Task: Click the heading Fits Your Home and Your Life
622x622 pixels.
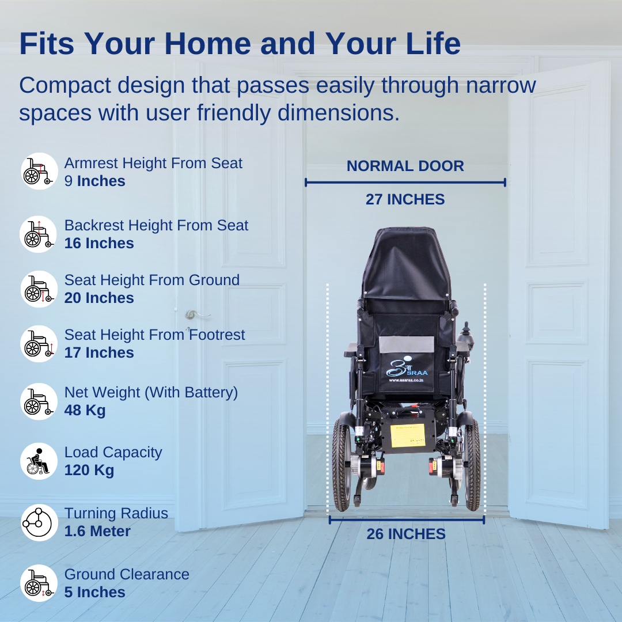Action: [240, 44]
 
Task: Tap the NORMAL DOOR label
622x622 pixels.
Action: [405, 166]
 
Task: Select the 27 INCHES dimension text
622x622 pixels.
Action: [405, 200]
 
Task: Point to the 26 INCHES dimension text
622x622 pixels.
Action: [406, 534]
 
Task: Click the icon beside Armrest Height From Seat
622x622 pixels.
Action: [40, 171]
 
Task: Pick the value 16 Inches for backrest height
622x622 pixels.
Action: [99, 244]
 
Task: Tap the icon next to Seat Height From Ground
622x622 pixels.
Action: [40, 289]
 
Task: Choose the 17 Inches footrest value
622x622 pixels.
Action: [99, 353]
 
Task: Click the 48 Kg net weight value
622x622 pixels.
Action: [85, 411]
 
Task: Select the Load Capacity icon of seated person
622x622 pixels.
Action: [40, 461]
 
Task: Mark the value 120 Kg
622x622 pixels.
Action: [89, 471]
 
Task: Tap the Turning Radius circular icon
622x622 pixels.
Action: [40, 522]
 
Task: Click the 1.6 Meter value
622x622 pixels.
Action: [97, 531]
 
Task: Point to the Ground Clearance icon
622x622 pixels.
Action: [40, 583]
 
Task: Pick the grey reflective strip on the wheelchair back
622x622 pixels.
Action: [406, 344]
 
